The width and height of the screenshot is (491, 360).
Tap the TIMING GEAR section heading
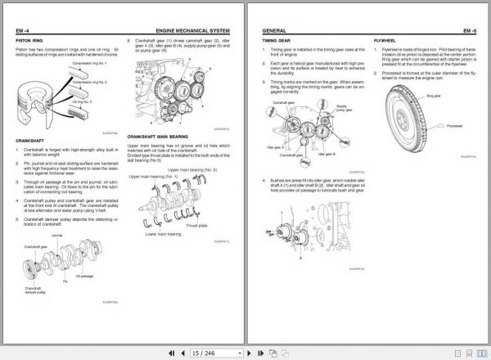[x=276, y=39]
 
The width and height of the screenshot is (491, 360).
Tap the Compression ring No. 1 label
[x=90, y=62]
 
